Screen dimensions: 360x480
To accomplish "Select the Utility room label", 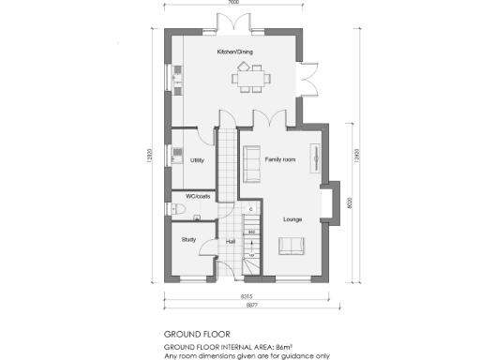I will click(197, 160).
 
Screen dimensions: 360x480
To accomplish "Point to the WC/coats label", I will click(199, 196).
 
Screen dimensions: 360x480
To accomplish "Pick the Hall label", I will click(230, 241).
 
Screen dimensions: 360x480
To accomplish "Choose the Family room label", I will click(280, 160).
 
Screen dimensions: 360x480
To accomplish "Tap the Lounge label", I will click(292, 219).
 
